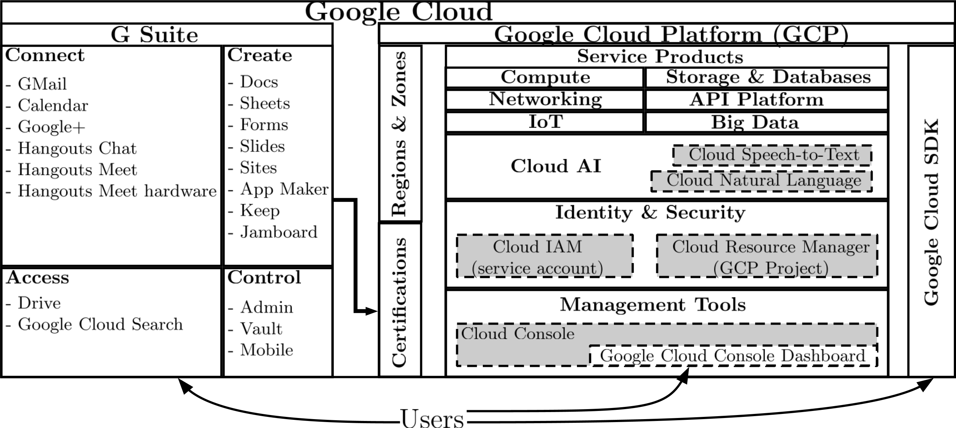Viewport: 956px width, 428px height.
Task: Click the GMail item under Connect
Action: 42,84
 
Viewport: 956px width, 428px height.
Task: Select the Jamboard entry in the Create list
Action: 278,232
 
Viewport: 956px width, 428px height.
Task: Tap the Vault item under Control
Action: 261,329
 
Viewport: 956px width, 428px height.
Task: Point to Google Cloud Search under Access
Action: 100,325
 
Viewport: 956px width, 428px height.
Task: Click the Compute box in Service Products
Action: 545,77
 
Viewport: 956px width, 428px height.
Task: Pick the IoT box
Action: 545,122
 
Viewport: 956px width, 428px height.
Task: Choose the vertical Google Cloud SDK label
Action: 931,212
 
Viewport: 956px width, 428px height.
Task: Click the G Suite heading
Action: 155,35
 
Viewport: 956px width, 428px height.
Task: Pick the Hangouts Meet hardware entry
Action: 117,191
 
